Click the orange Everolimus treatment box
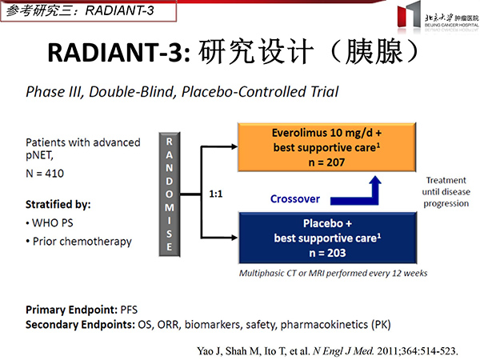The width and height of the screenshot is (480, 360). [326, 147]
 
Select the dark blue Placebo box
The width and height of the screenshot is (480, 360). [327, 238]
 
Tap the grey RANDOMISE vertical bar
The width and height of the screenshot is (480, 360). [170, 194]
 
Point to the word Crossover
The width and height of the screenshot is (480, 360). [295, 199]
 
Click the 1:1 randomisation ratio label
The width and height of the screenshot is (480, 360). [216, 194]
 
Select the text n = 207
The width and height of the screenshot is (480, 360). [326, 162]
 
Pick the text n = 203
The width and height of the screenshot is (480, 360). [327, 253]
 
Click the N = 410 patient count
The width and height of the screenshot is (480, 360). [45, 174]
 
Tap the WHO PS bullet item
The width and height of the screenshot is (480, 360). [50, 223]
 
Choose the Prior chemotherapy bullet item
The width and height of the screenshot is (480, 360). [78, 242]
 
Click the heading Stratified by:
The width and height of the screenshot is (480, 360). [58, 204]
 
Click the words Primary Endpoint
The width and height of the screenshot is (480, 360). [71, 310]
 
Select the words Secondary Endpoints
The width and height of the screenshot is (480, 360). [80, 325]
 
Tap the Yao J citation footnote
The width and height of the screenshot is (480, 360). [327, 351]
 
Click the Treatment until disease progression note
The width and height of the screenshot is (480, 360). [446, 192]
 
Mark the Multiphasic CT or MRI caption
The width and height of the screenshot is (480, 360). [333, 273]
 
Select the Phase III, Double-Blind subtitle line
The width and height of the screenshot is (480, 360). [182, 92]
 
